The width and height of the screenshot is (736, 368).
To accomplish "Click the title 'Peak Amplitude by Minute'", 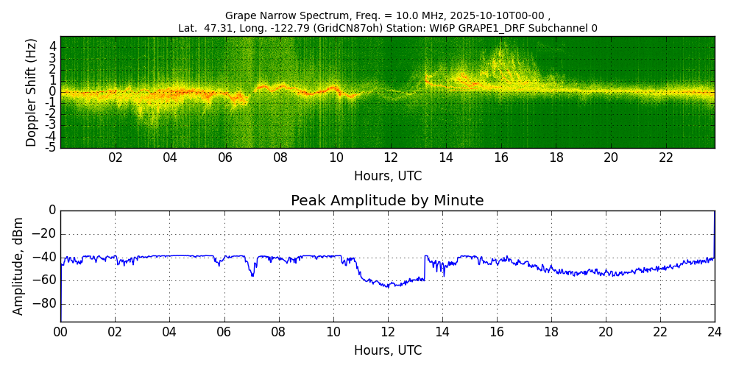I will (387, 201).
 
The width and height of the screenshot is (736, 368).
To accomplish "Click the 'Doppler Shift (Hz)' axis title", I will (32, 92).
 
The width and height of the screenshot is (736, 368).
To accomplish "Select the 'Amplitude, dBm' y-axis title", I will (19, 266).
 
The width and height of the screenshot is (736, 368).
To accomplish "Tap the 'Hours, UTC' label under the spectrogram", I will (387, 176).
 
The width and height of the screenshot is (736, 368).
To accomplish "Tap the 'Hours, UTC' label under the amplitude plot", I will (387, 350).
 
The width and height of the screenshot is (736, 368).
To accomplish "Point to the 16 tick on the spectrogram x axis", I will (501, 158).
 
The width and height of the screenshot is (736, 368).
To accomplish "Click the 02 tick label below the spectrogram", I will (116, 158).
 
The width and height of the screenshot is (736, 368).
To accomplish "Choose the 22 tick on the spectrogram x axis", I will (666, 158).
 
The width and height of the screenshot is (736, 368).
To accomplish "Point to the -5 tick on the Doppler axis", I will (52, 147).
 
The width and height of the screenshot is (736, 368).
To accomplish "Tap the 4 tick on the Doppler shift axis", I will (53, 46).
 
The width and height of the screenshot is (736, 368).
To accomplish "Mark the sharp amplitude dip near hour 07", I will (252, 275).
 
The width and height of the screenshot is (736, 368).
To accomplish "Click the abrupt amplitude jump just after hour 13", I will (425, 266).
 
